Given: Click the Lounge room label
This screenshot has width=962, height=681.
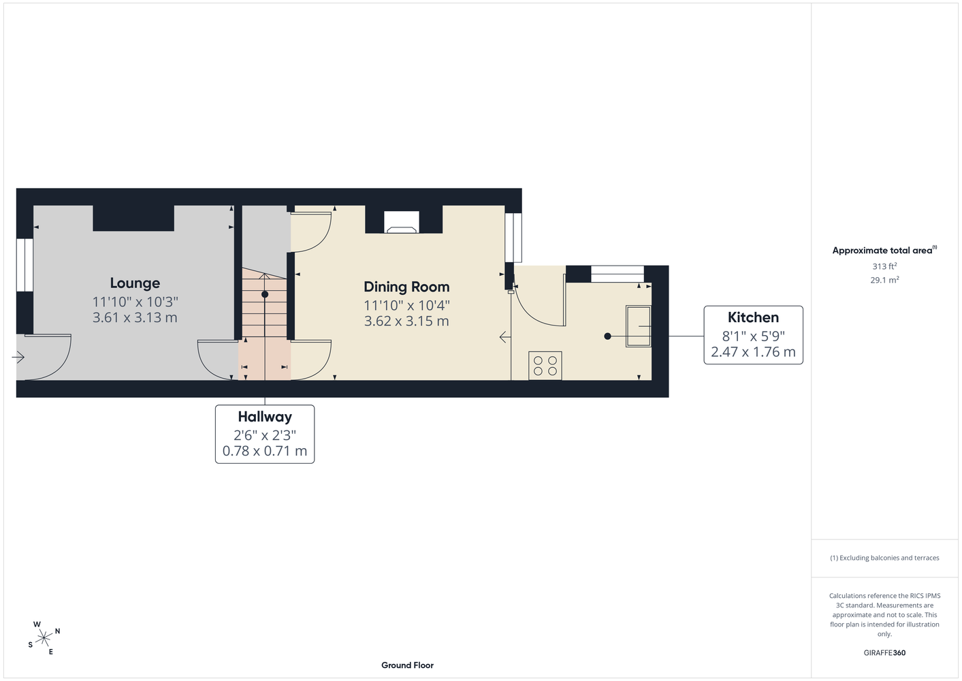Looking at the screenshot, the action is click(x=135, y=283).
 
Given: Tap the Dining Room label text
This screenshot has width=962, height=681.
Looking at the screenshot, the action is click(x=406, y=287).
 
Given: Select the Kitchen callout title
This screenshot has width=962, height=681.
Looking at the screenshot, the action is click(x=753, y=317).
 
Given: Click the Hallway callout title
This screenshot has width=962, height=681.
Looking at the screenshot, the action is click(x=265, y=417).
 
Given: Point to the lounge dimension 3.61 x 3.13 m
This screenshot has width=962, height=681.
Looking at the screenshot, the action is click(x=135, y=317).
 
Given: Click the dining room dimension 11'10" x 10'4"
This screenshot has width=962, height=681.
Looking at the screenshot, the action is click(x=406, y=306).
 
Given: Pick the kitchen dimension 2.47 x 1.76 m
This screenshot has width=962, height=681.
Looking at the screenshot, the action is click(x=753, y=352).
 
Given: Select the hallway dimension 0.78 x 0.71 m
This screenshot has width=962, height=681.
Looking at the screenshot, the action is click(x=265, y=451).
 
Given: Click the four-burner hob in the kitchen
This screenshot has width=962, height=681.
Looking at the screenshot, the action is click(x=545, y=366).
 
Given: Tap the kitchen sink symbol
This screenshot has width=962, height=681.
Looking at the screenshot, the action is click(x=638, y=326).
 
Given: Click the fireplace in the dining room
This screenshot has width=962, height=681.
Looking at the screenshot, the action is click(x=401, y=222).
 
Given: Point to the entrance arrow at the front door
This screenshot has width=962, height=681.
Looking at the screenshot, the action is click(x=18, y=357).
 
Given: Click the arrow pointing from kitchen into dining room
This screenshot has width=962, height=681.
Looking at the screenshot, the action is click(x=505, y=337).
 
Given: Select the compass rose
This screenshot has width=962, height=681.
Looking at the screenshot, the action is click(x=44, y=638).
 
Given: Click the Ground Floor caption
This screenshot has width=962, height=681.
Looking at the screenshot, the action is click(x=407, y=665).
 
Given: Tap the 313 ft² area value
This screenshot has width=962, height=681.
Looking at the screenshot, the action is click(x=884, y=266).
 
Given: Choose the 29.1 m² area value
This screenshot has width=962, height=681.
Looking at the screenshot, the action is click(x=884, y=280).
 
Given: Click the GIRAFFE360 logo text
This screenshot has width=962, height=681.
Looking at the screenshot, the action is click(x=884, y=652).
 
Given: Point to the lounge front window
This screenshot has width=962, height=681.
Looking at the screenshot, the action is click(x=25, y=265).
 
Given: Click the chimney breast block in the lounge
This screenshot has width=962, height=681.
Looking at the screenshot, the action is click(x=133, y=219).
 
